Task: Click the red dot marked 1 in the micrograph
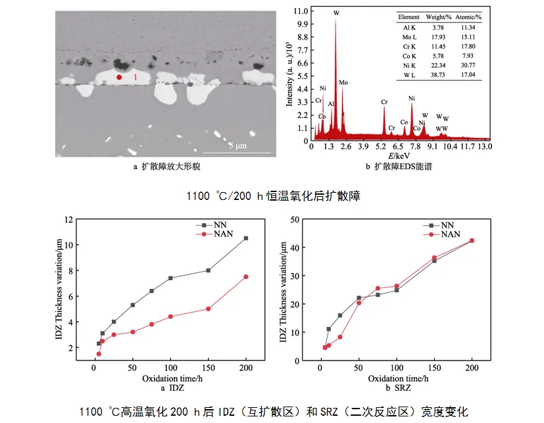(x=119, y=78)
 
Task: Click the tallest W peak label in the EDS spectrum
(x=337, y=13)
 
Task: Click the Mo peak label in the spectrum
(x=343, y=82)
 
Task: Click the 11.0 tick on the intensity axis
(x=300, y=11)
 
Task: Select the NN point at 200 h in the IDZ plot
(x=246, y=238)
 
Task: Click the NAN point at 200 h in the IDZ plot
(x=246, y=277)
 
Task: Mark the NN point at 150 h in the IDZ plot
(x=208, y=270)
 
